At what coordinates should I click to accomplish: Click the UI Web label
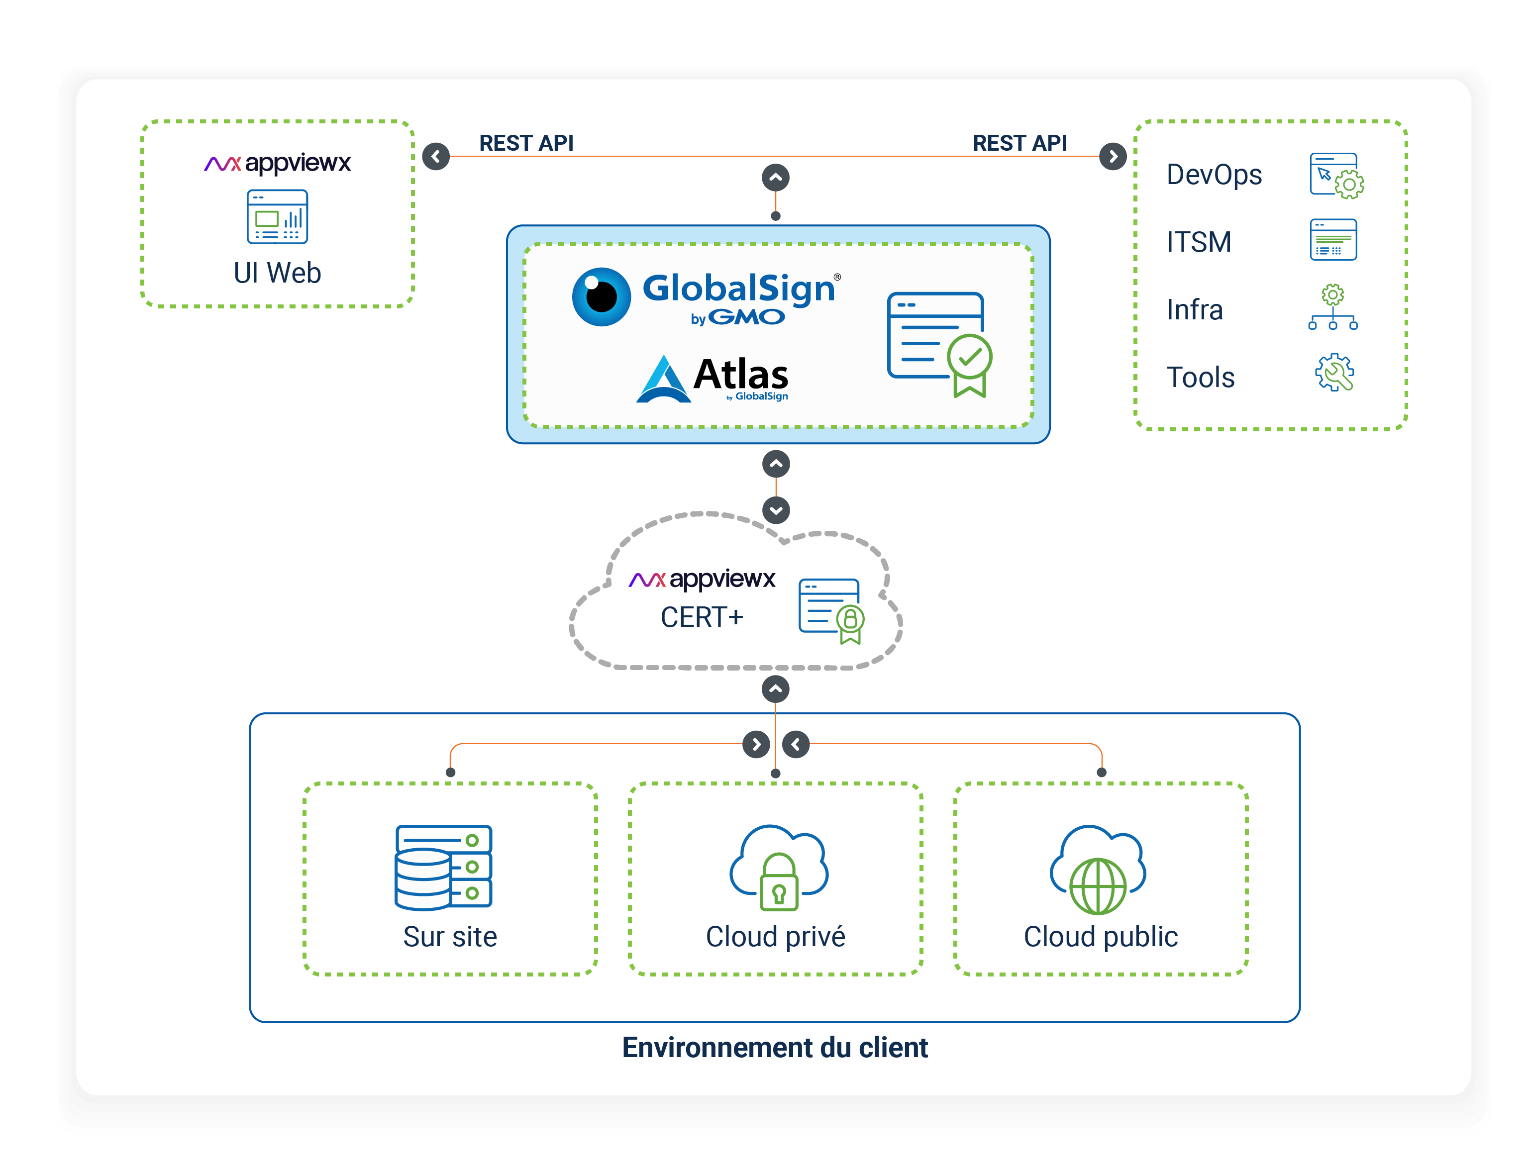[x=277, y=273]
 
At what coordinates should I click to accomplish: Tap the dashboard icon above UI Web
[x=277, y=216]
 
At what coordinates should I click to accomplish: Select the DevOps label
[x=1214, y=175]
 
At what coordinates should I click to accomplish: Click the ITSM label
[x=1198, y=242]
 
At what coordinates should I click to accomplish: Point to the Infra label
[x=1194, y=310]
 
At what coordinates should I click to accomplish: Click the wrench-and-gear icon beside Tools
[x=1333, y=373]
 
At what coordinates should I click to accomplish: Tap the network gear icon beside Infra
[x=1332, y=306]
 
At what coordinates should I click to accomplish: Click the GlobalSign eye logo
[x=601, y=296]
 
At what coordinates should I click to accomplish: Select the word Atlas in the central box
[x=740, y=375]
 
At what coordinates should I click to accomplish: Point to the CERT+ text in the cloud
[x=702, y=617]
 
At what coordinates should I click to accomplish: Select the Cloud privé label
[x=775, y=937]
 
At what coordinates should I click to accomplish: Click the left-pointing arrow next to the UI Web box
[x=436, y=156]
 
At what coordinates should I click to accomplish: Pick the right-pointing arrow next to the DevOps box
[x=1113, y=156]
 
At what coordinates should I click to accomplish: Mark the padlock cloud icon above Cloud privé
[x=778, y=869]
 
